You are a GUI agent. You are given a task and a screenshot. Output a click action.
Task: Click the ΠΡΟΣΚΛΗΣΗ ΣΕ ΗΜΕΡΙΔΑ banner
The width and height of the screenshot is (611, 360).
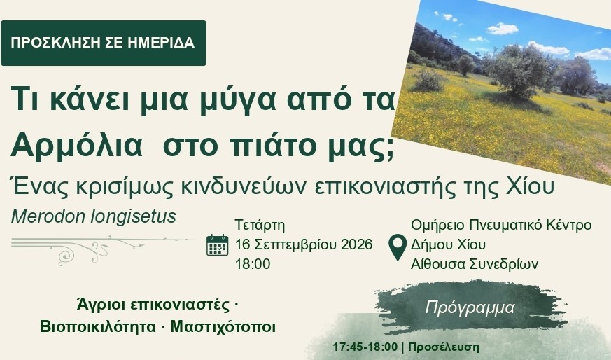[104, 43]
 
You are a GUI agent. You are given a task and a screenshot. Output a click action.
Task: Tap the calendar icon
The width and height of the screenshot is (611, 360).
[218, 245]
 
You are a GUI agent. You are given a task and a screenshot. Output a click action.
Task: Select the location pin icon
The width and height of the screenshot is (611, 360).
[398, 247]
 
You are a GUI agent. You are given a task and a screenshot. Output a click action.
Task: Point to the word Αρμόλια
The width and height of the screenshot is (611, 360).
[77, 145]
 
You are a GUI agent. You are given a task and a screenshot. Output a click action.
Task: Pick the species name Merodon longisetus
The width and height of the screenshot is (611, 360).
[94, 216]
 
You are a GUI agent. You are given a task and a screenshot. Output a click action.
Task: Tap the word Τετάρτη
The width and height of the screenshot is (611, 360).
[260, 225]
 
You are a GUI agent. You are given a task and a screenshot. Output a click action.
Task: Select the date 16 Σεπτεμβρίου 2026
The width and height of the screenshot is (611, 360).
[304, 244]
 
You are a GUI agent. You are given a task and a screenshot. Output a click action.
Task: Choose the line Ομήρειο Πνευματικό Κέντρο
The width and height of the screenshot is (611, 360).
[501, 225]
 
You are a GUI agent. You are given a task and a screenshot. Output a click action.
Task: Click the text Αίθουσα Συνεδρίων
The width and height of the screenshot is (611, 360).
[475, 264]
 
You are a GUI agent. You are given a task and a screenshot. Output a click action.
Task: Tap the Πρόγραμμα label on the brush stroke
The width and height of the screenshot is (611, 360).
[470, 307]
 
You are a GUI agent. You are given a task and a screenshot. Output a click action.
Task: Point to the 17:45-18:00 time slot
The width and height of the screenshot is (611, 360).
[365, 347]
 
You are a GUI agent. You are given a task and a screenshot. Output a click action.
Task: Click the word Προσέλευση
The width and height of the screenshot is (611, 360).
[444, 347]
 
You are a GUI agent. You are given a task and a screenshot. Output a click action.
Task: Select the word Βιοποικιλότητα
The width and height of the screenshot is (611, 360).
[98, 326]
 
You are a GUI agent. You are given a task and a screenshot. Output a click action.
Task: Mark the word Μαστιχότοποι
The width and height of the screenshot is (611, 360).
[223, 326]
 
